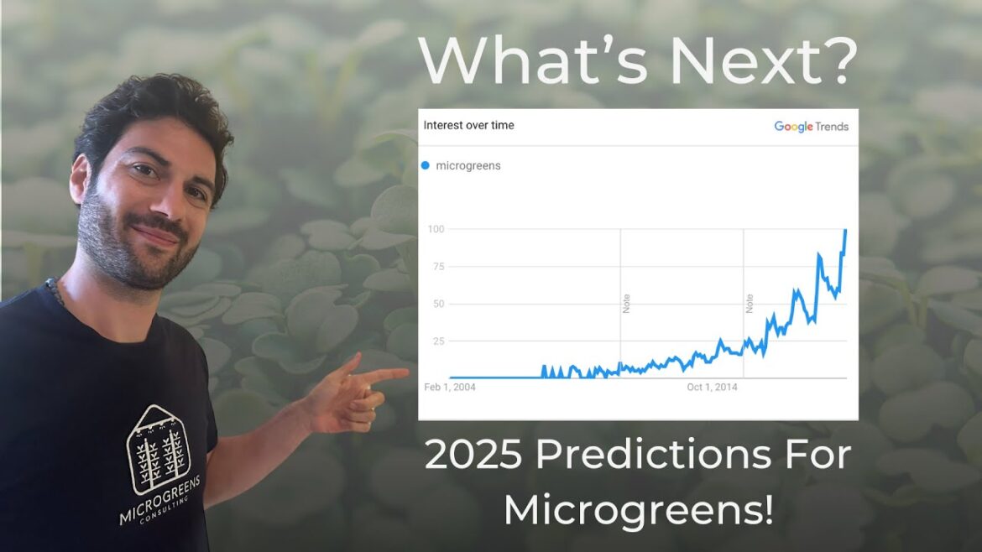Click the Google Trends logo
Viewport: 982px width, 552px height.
811,127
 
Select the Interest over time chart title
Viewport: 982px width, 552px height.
468,126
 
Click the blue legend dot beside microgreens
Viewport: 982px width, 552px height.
426,165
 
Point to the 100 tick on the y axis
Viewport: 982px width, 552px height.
435,229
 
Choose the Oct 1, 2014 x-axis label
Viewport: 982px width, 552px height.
712,387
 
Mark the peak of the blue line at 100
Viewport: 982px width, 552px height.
845,230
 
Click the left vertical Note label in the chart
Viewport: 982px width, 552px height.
626,304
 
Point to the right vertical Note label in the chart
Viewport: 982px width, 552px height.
750,304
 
